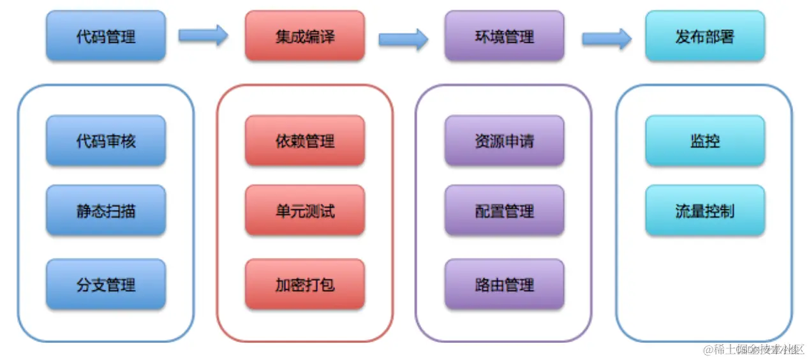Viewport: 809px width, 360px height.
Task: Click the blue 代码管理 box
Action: click(105, 36)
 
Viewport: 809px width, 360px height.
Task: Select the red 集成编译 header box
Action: click(304, 36)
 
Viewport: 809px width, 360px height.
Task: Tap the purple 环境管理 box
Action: click(504, 36)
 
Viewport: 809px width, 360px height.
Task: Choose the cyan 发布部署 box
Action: click(704, 36)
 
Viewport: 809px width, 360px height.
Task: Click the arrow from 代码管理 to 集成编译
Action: click(203, 35)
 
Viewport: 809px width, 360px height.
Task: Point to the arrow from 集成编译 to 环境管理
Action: click(403, 39)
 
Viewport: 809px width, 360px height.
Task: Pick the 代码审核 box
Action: click(105, 140)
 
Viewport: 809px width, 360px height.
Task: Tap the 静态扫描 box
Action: click(105, 211)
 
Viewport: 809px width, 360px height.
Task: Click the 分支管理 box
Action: click(105, 284)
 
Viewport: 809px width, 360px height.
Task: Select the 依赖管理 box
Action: click(304, 140)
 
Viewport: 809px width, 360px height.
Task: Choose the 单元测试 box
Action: click(304, 211)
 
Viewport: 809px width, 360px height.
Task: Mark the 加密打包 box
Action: click(304, 284)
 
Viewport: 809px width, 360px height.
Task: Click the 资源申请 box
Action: click(504, 140)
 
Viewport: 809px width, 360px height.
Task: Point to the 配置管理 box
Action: click(504, 211)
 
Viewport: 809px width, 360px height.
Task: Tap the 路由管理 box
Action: click(504, 284)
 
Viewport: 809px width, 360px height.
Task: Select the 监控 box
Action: click(704, 140)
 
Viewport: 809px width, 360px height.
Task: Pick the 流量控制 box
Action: click(704, 211)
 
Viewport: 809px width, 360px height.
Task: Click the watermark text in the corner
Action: click(752, 349)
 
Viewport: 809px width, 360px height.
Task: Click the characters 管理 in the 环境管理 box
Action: click(519, 36)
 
